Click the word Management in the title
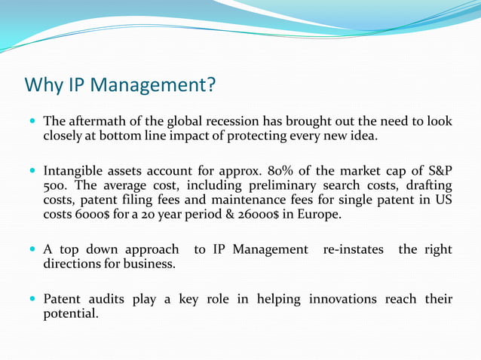tap(152, 84)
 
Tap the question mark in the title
tap(210, 84)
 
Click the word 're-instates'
tap(351, 249)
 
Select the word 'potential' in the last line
tap(69, 314)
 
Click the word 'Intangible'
tap(75, 171)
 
